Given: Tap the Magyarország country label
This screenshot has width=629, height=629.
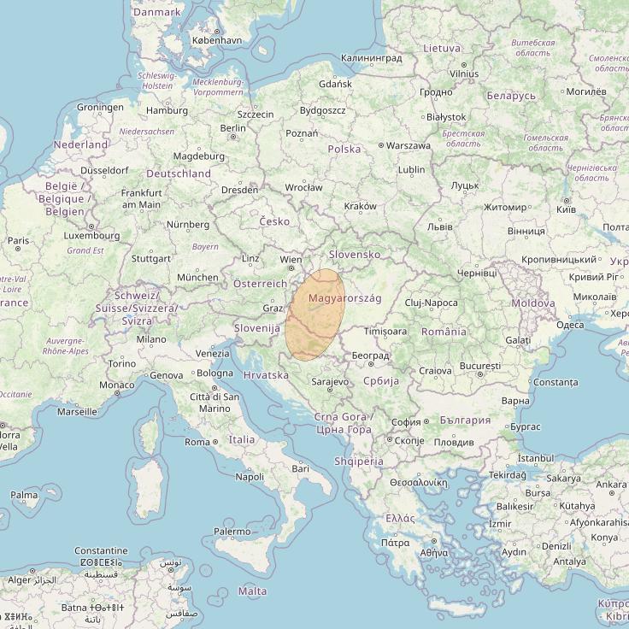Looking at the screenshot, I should pos(344,297).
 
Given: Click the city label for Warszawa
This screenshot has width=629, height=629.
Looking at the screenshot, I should pos(408,145).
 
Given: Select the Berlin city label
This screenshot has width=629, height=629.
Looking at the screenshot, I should pos(232,128).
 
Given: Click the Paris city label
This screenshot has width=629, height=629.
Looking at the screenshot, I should pos(18,241).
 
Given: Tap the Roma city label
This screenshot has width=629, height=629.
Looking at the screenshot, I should pos(197,442).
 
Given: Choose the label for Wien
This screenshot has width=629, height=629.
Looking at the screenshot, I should pos(291,259).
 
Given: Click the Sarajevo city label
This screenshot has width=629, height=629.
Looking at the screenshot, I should pos(329,382).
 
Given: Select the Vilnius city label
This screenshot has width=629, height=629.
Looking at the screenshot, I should pos(463,74).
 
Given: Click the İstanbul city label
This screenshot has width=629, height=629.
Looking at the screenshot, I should pos(536,459).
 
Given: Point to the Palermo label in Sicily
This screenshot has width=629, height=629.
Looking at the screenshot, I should pos(232,532).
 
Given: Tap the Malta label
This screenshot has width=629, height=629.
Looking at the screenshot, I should pos(252,591).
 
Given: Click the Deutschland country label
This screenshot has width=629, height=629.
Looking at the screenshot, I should pos(179,173).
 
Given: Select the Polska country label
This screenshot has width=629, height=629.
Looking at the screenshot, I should pos(344,149).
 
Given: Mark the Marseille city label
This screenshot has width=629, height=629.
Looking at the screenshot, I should pos(76,411).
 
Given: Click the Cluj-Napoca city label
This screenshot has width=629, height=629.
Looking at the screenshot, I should pos(431,303).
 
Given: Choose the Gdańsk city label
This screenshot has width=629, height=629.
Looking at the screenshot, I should pos(334,85).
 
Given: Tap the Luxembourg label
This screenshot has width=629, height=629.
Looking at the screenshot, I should pos(91,235).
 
